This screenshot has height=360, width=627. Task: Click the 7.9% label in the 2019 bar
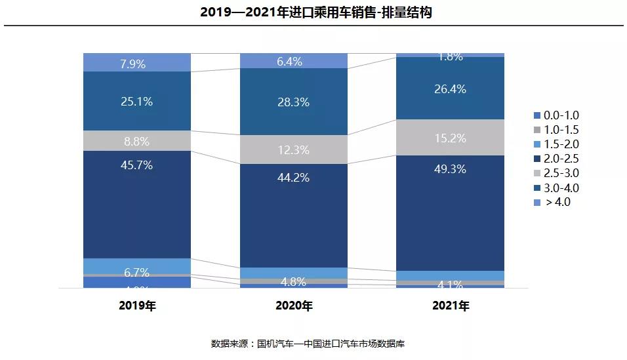136,64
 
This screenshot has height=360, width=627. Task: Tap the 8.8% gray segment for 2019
136,141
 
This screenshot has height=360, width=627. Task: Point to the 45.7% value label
136,165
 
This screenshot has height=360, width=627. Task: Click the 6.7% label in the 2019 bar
136,272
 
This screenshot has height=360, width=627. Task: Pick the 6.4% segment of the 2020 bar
293,62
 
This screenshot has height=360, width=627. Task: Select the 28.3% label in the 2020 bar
293,102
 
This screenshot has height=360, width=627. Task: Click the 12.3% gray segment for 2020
293,150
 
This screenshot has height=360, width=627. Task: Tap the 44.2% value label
293,178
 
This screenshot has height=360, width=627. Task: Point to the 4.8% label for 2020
293,282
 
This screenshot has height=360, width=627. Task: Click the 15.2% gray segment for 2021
450,138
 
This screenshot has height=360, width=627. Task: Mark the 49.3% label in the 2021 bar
450,169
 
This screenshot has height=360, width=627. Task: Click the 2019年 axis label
137,306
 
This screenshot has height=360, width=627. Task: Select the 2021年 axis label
450,306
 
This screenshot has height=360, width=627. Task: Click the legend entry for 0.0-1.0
556,115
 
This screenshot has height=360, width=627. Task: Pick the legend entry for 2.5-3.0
556,173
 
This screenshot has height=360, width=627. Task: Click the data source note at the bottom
313,344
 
